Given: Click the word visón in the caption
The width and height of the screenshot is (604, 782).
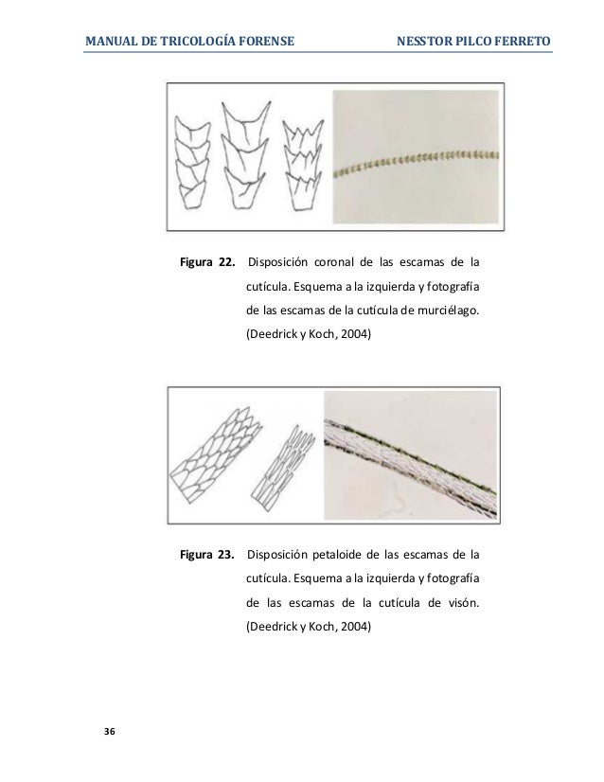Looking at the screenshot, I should click(459, 601).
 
